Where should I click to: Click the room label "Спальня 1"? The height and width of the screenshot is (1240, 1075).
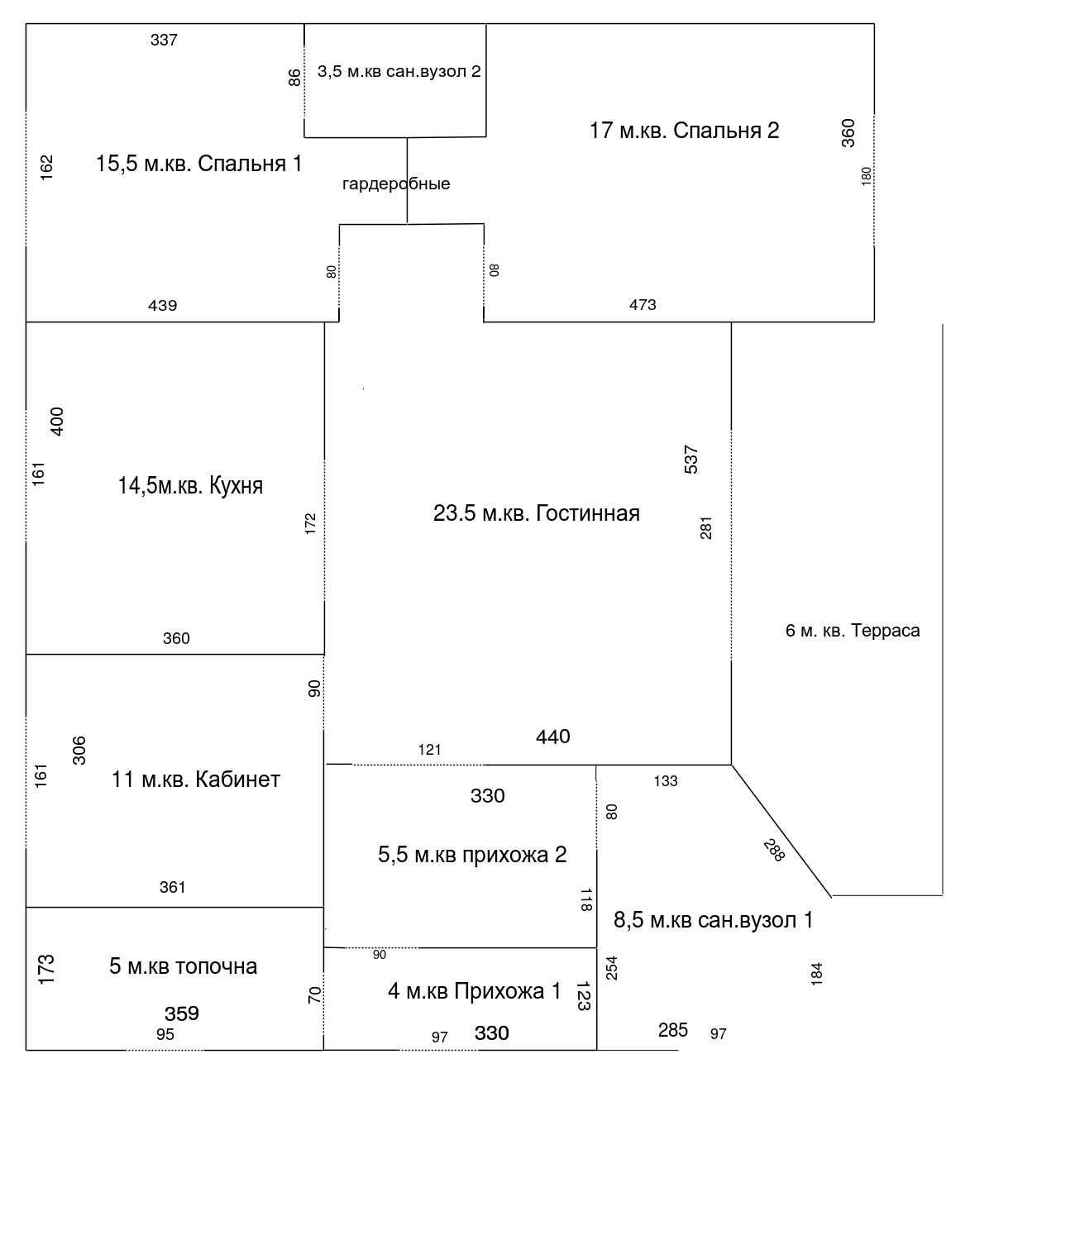pos(250,164)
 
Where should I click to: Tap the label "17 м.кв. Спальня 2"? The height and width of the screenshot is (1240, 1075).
pos(684,131)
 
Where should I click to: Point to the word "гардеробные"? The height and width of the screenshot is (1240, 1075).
pos(396,184)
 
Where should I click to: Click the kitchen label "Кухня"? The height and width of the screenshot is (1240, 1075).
pos(236,485)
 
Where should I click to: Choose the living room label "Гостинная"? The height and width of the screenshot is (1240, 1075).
pos(588,513)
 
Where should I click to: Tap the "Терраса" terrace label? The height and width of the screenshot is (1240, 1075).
pos(886,631)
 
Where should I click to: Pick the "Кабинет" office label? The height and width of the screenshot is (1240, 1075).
pos(237,780)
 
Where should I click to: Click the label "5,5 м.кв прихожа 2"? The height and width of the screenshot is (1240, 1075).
pos(472,855)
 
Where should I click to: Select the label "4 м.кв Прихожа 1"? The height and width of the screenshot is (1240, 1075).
pos(475,991)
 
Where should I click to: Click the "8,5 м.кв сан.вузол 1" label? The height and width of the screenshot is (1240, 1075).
pos(713,919)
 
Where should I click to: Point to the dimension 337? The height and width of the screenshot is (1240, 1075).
pos(164,41)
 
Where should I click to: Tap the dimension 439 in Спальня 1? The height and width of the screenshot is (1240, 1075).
pos(163,306)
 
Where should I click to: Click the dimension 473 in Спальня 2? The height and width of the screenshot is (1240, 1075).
pos(643,305)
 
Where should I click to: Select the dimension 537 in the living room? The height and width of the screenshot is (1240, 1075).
pos(690,460)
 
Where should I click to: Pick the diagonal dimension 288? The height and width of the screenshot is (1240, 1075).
pos(774,850)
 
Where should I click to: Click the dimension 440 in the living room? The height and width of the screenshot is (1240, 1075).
pos(553,737)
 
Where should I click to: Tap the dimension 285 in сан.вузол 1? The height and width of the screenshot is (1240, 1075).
pos(673,1030)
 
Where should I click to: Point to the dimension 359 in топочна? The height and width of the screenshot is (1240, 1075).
pos(182,1013)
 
